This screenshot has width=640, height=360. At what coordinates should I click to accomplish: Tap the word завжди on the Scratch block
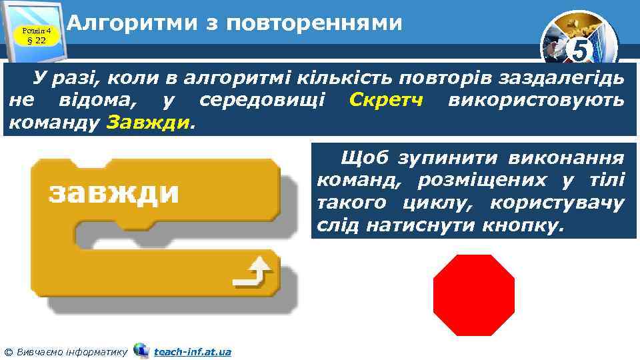[113, 193]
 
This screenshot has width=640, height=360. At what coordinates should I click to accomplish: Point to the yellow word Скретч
[387, 101]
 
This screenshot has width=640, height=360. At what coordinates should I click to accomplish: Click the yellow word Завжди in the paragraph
[147, 123]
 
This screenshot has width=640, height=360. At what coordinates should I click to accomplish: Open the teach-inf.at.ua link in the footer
[192, 351]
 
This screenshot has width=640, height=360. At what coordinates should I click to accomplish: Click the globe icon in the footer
[141, 350]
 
